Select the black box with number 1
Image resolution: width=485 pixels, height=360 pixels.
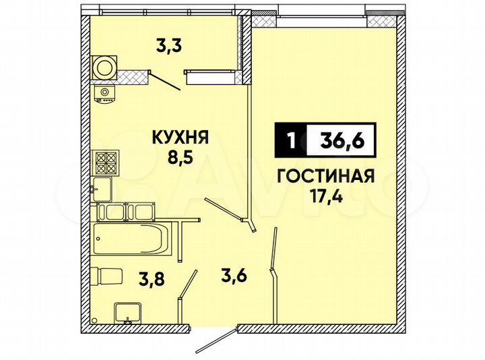(290, 142)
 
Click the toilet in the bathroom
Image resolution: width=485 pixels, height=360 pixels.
(106, 276)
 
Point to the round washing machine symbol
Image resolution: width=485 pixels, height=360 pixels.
(105, 66)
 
